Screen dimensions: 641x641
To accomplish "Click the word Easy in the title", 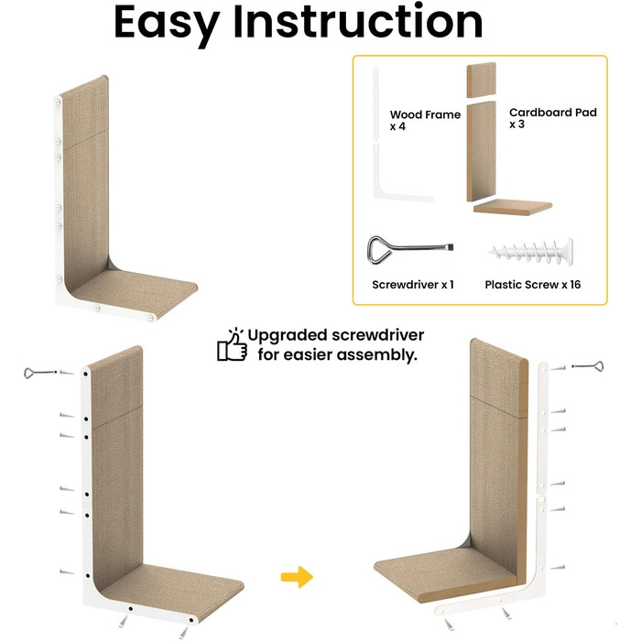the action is (x=167, y=25).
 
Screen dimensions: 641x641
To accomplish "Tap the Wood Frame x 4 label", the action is (x=425, y=120).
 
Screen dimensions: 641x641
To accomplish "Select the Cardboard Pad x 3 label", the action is (x=553, y=118).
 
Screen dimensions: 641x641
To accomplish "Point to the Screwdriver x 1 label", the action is (x=413, y=285).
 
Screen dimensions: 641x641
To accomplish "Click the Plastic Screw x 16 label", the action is (x=533, y=285).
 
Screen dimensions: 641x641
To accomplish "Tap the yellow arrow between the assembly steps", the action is (x=297, y=577).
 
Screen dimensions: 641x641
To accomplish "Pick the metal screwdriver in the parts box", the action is (x=410, y=249).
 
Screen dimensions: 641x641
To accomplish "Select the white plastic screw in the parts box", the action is (x=530, y=251).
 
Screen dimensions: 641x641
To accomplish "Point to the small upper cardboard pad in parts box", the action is (x=482, y=80).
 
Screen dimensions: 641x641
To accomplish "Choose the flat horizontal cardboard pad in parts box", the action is (x=513, y=207).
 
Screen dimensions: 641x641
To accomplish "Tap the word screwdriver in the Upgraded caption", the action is (x=377, y=335).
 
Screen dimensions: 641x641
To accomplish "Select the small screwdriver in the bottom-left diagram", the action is (x=39, y=373).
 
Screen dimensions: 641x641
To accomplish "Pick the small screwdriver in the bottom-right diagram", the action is (x=588, y=366).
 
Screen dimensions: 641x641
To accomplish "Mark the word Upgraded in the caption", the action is (x=288, y=336).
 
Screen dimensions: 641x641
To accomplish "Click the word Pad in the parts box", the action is (x=586, y=113).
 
